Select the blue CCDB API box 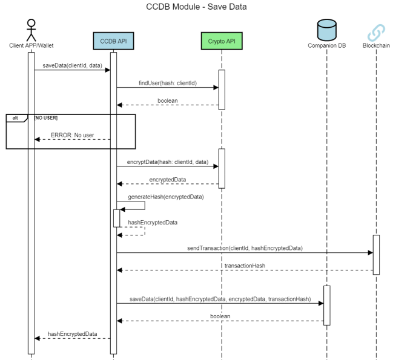113,41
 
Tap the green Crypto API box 221,41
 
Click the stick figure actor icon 31,30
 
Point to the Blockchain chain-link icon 376,31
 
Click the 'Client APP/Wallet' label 31,45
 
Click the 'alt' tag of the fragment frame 15,117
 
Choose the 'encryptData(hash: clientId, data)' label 167,162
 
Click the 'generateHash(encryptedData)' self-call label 165,197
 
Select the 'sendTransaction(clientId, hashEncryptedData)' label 245,248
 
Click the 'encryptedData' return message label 167,178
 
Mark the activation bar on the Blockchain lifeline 376,254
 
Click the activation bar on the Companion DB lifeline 326,305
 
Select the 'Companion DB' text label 326,45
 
